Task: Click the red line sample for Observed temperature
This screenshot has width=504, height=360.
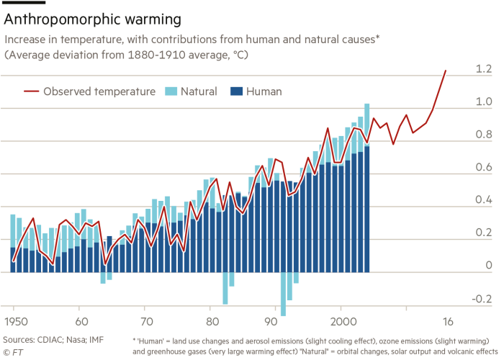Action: [x=31, y=91]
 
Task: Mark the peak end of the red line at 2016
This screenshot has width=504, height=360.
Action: [x=447, y=70]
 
